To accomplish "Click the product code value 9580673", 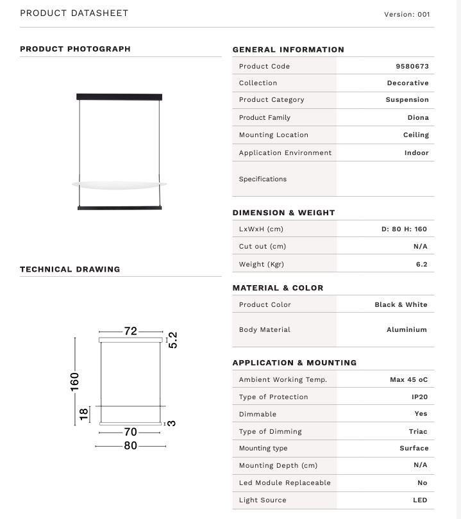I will tap(412, 66).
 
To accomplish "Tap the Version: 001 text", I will tap(407, 14).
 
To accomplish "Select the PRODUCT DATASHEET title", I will tap(74, 13).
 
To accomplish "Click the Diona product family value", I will tap(418, 117).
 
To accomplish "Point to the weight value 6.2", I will tap(421, 264).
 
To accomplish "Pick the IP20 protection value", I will tap(419, 397).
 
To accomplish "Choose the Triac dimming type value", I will tap(418, 431).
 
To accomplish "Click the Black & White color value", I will tap(401, 304).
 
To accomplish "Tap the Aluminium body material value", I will tap(407, 329).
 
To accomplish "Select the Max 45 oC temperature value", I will tap(408, 380).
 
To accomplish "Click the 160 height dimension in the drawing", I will tap(75, 381).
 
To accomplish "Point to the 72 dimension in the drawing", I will tap(131, 331).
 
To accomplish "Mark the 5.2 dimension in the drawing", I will tap(172, 340).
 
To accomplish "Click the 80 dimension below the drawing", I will tap(131, 445).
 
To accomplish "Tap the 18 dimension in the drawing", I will tap(84, 414).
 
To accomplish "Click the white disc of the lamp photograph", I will tap(120, 185).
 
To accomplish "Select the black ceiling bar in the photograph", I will tap(120, 97).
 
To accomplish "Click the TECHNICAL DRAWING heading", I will tap(70, 269).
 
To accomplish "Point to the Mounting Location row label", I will tap(273, 135).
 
